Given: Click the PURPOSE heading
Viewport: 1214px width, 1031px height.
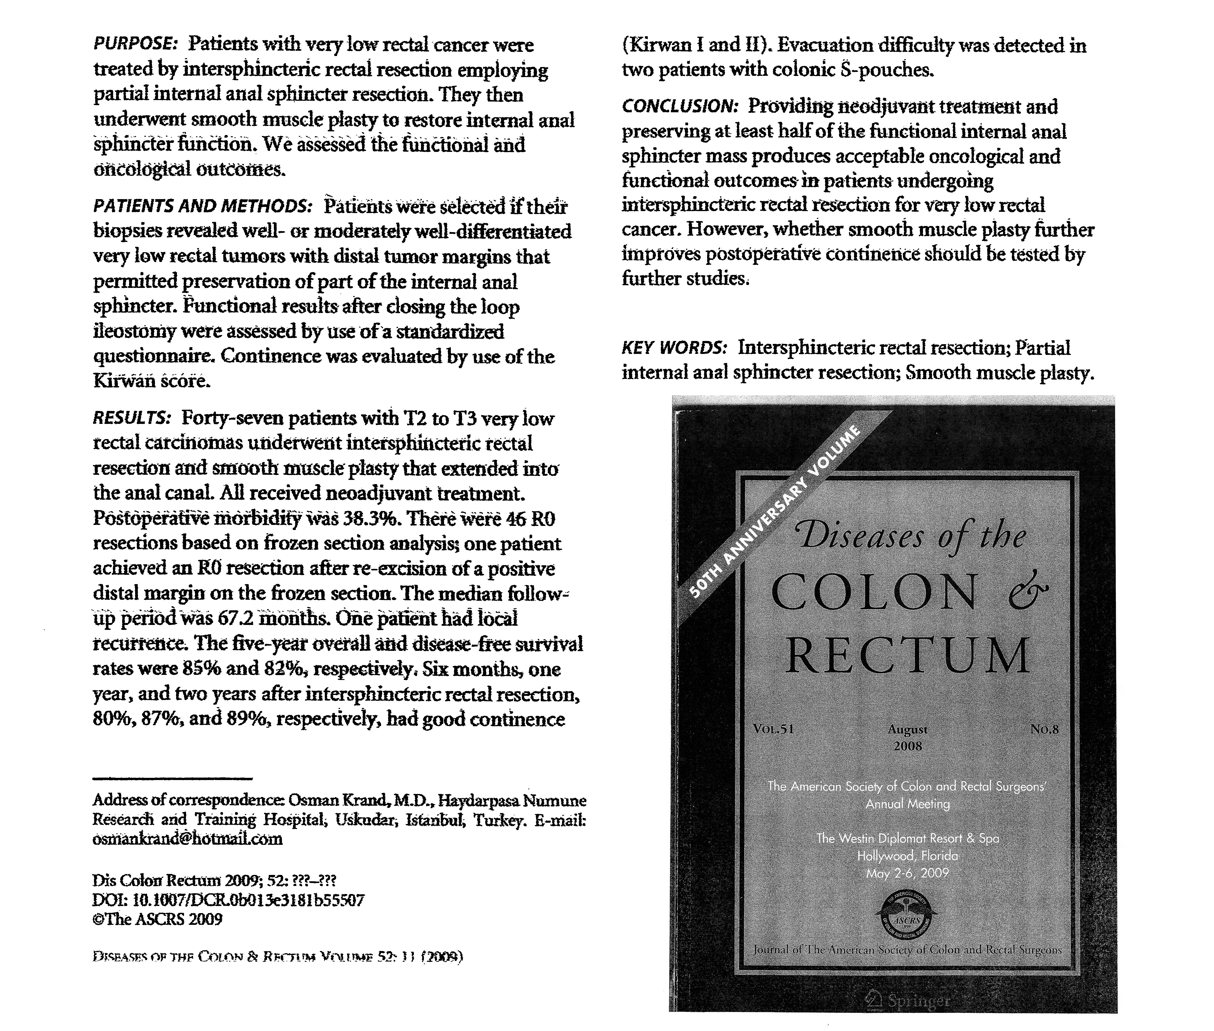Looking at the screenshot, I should point(135,45).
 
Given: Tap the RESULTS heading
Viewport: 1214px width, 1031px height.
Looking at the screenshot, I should point(132,419).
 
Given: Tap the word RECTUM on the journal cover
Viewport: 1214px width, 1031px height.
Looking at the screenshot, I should point(908,656).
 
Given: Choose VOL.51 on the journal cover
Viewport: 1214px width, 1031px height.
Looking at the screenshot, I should point(774,729).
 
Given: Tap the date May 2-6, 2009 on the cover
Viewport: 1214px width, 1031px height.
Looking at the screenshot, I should point(908,874).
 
